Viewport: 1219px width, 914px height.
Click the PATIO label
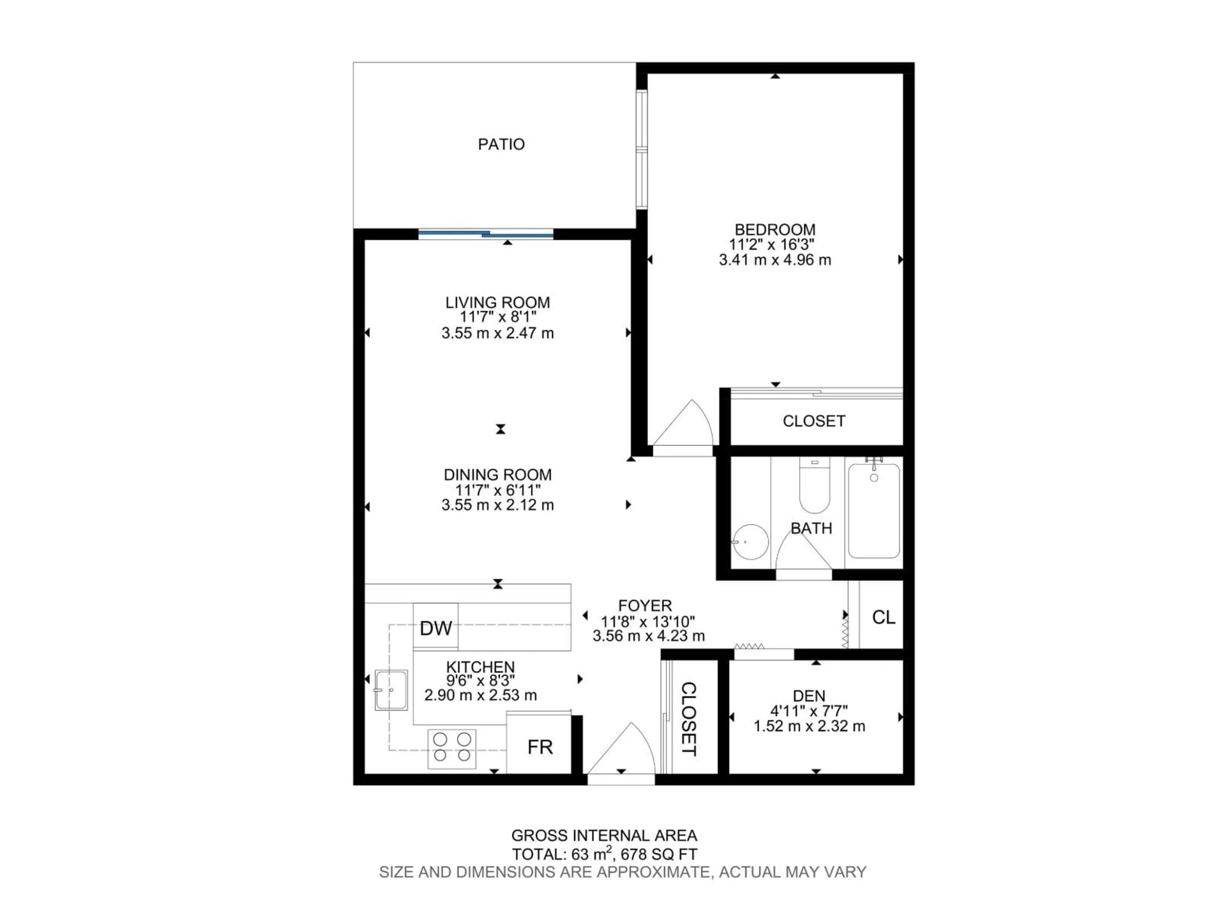[501, 144]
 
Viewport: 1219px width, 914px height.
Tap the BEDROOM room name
[775, 229]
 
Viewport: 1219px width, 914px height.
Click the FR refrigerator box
[540, 747]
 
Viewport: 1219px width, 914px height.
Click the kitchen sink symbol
[391, 690]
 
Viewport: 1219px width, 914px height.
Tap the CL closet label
[883, 618]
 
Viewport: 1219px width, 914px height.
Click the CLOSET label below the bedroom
[813, 421]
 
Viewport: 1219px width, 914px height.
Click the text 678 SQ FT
[659, 855]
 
